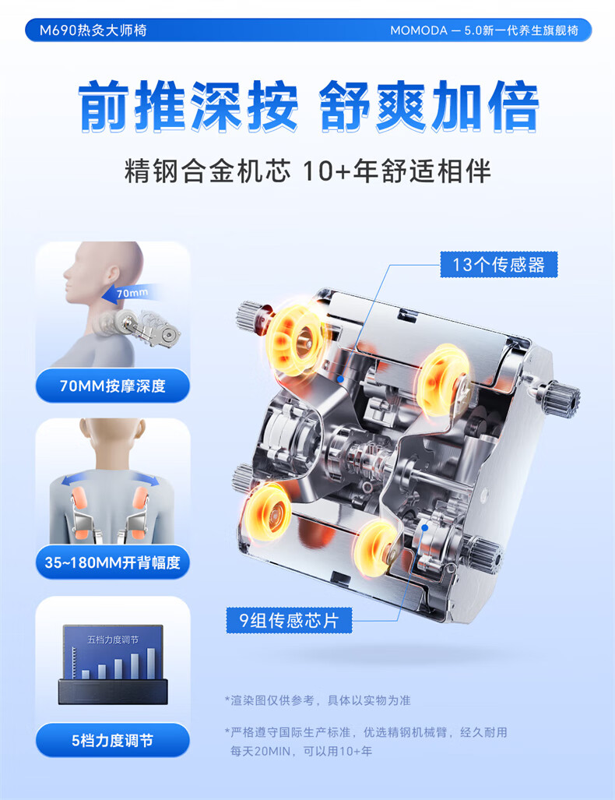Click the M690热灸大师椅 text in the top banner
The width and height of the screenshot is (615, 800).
tap(93, 30)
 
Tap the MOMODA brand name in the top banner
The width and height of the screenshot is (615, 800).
tap(419, 30)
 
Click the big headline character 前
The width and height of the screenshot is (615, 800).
tap(105, 106)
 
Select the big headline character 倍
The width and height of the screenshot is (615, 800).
tap(512, 106)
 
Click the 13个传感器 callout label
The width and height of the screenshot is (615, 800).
tap(499, 264)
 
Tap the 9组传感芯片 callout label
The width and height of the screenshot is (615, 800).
tap(289, 620)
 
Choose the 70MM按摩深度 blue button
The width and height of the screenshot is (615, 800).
tap(113, 386)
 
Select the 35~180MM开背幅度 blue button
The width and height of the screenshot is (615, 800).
tap(113, 562)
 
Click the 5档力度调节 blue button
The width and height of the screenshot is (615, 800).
tap(113, 740)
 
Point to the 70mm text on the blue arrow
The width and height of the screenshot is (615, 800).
tap(132, 293)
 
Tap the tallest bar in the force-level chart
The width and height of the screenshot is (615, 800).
tap(151, 663)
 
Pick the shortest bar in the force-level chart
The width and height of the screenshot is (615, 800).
tap(86, 675)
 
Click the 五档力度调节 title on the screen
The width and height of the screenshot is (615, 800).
tap(113, 640)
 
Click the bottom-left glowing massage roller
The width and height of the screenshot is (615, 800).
tap(268, 512)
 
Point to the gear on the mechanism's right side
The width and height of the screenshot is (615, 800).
tap(561, 399)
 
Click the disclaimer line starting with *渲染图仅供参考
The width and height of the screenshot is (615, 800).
tap(318, 700)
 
